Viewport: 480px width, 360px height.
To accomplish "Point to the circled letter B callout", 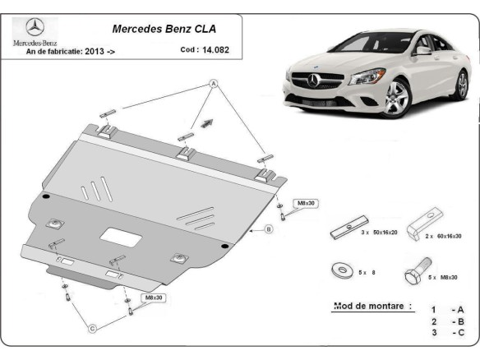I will pyautogui.click(x=268, y=229).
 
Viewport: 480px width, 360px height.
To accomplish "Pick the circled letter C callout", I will pyautogui.click(x=92, y=328).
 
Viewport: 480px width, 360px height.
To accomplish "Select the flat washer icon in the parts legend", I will pyautogui.click(x=336, y=270).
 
